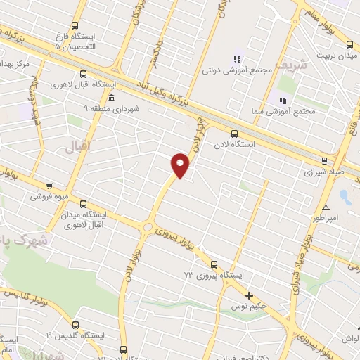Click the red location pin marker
(x=180, y=165)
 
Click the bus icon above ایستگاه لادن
(x=234, y=133)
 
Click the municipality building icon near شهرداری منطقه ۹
(x=111, y=97)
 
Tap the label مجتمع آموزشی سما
(x=276, y=112)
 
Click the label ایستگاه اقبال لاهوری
(x=77, y=84)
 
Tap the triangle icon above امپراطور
(x=326, y=207)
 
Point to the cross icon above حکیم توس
(x=249, y=295)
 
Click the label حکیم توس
(x=251, y=307)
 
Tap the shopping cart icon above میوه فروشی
(x=49, y=186)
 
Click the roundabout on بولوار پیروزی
(x=147, y=226)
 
